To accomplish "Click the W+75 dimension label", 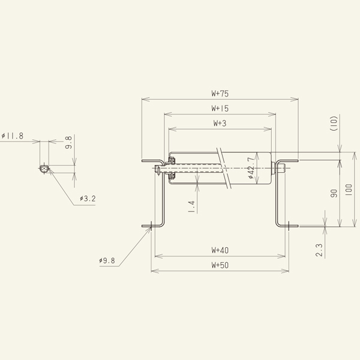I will pos(220,94).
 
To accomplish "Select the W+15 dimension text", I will pos(220,109).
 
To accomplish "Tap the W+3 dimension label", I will pos(220,123).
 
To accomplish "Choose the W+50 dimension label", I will pos(220,265).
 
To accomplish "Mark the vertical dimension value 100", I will pos(349,191).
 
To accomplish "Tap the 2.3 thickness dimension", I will pos(319,249).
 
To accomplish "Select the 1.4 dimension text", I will pos(191,206).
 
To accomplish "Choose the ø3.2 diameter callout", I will pos(87,199).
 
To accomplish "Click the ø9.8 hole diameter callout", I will pos(109,261).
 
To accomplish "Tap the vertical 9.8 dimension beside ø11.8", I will pos(68,143).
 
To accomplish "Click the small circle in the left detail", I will pos(43,169).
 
